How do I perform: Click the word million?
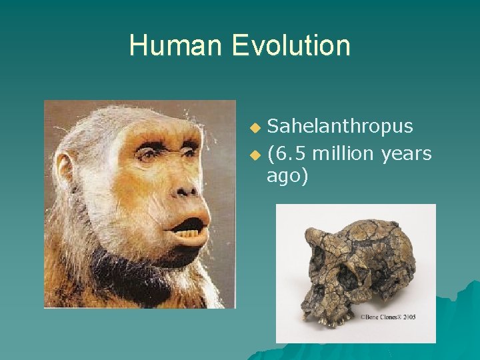click(344, 154)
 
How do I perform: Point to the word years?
click(407, 154)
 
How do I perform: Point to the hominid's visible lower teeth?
click(189, 234)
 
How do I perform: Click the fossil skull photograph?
click(356, 273)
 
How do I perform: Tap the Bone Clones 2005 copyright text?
click(389, 317)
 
